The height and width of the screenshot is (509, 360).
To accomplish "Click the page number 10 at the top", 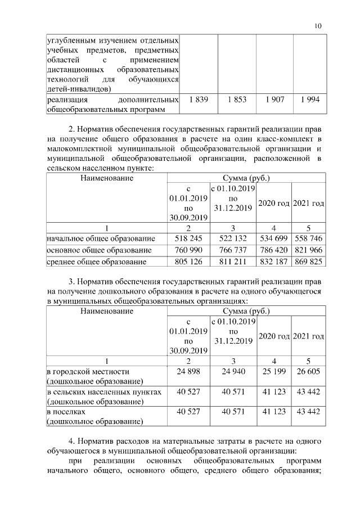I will (x=318, y=26).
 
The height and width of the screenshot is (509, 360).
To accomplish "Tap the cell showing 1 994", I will (x=310, y=100).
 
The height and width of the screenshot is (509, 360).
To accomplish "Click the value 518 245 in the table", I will (x=188, y=239).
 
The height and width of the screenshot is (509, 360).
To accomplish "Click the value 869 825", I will (x=309, y=262).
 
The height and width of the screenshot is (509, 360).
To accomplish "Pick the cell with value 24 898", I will (x=188, y=372).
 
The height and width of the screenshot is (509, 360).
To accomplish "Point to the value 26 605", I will (x=309, y=372).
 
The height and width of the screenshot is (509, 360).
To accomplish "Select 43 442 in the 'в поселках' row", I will (x=309, y=412).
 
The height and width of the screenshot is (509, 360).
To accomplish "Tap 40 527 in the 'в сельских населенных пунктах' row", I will (x=188, y=391).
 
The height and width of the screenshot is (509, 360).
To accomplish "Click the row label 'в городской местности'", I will (x=88, y=372).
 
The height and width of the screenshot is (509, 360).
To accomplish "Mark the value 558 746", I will (x=309, y=239).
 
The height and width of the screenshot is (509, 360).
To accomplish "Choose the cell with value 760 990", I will (x=188, y=250).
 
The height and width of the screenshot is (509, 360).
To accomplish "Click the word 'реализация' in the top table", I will (x=66, y=100).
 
